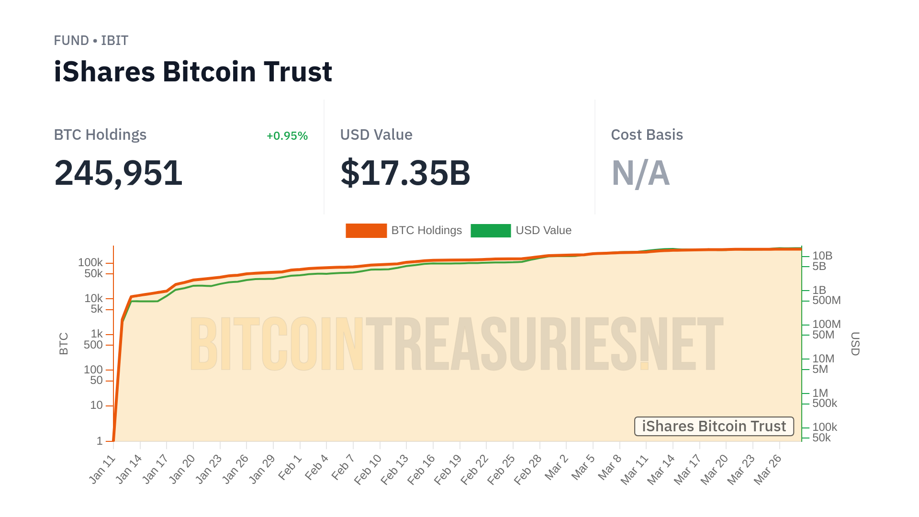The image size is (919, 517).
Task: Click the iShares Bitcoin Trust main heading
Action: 193,72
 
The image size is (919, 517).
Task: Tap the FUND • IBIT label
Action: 91,41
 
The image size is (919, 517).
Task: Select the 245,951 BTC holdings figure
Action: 118,173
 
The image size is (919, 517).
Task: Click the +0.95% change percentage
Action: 287,136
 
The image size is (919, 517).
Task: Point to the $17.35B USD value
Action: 405,173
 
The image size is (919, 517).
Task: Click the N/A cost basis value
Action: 640,173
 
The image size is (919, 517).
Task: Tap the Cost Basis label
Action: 647,135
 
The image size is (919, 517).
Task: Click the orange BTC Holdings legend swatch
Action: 366,231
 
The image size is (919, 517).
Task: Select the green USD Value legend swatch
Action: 491,231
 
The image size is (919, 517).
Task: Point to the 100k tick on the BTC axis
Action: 90,262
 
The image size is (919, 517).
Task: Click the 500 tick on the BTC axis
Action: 93,345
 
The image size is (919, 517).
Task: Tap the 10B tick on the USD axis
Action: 822,256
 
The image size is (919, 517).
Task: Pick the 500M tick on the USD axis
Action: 826,300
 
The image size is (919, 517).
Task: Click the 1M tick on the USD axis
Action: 820,393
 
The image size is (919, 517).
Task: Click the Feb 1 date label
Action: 291,468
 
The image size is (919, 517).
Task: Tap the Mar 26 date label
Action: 767,470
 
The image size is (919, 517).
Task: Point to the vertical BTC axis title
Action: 64,344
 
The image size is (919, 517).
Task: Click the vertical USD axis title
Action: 855,344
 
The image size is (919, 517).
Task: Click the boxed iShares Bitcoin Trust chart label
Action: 714,426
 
